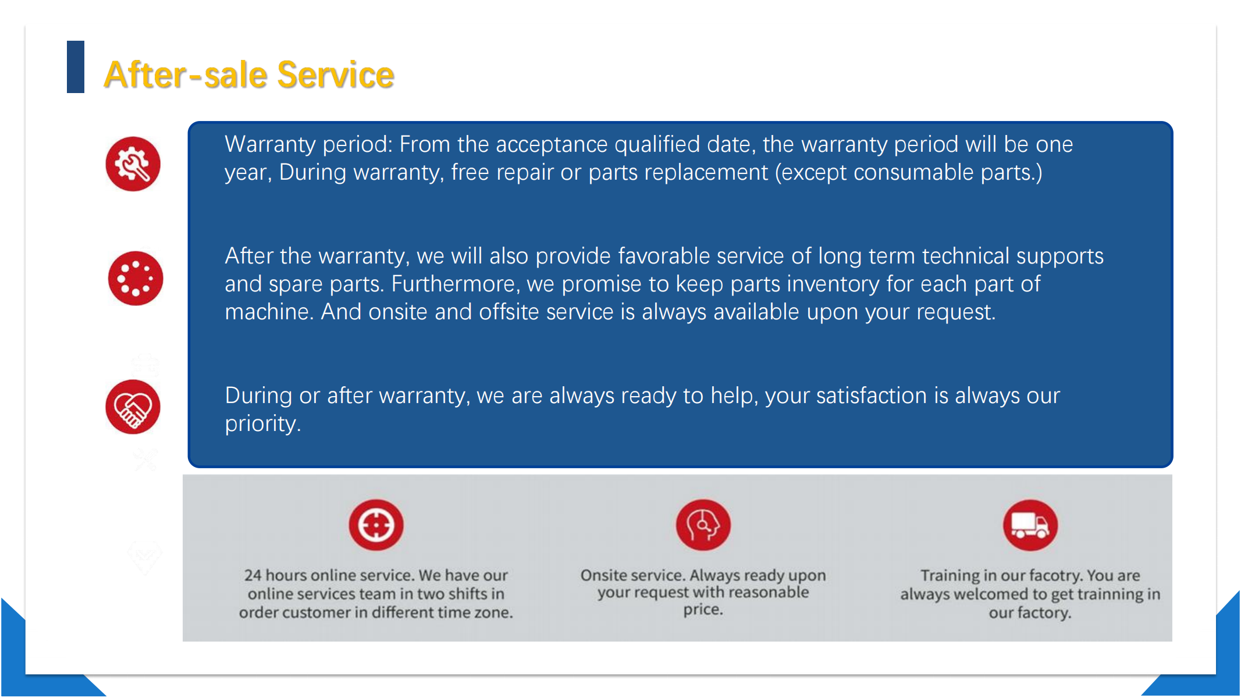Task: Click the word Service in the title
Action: [336, 74]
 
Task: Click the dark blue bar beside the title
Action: [76, 67]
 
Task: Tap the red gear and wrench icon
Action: [133, 164]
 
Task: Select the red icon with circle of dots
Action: [136, 279]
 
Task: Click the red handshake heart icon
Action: [133, 407]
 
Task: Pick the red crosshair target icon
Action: [376, 525]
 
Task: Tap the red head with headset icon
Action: [703, 525]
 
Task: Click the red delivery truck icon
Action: [1030, 525]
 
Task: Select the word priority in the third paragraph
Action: [263, 424]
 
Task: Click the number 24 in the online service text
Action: [253, 575]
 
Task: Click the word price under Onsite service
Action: [703, 610]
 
